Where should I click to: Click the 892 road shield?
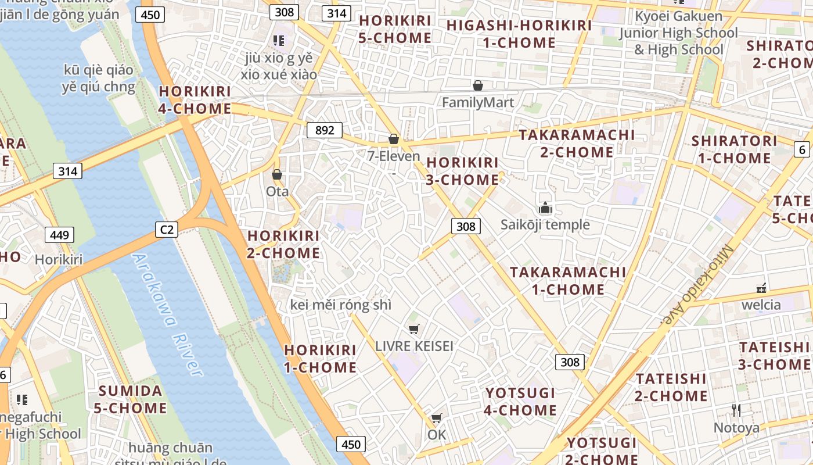325,130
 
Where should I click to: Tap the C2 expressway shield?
167,230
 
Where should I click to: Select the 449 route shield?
59,235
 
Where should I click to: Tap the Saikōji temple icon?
545,208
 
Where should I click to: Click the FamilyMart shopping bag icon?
478,86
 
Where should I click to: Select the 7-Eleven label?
394,156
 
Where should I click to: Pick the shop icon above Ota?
277,174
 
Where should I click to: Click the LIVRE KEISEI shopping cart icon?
414,330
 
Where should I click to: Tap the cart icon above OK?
437,419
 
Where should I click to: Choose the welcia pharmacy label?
761,305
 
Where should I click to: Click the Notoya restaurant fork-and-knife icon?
736,410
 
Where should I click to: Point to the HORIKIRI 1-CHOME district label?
320,359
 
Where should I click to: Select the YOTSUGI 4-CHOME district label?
521,402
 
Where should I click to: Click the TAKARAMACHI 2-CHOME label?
577,144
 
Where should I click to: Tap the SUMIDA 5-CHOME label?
130,399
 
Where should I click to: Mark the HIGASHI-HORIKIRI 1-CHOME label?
519,34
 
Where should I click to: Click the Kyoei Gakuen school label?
678,33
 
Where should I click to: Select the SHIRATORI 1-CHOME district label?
734,149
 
